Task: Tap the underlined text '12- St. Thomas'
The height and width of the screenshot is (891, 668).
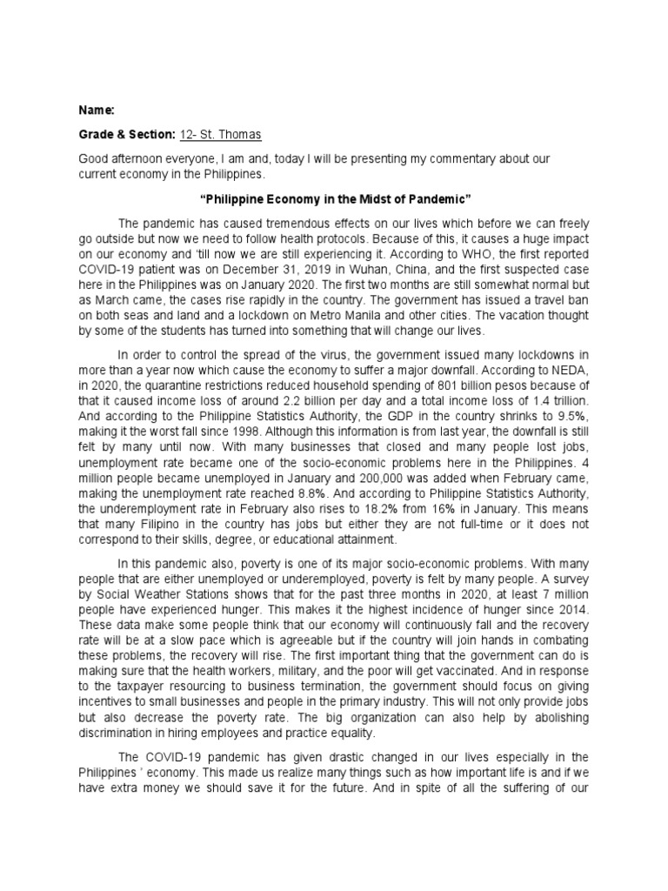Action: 220,135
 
